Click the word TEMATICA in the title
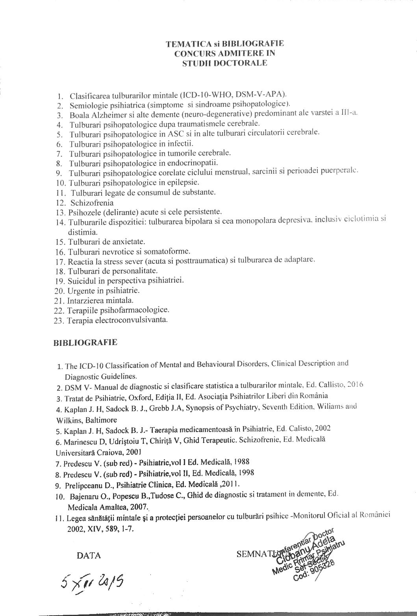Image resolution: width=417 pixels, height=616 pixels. click(x=182, y=44)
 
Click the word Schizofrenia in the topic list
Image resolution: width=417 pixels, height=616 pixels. click(x=92, y=203)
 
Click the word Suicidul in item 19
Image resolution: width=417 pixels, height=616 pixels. click(x=80, y=281)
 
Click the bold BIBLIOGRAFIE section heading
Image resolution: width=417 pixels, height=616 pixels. click(x=85, y=342)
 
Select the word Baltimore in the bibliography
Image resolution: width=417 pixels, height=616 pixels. click(x=101, y=419)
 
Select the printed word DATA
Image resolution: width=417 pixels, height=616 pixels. click(x=89, y=555)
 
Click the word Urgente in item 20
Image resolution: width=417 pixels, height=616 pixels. click(x=80, y=291)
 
